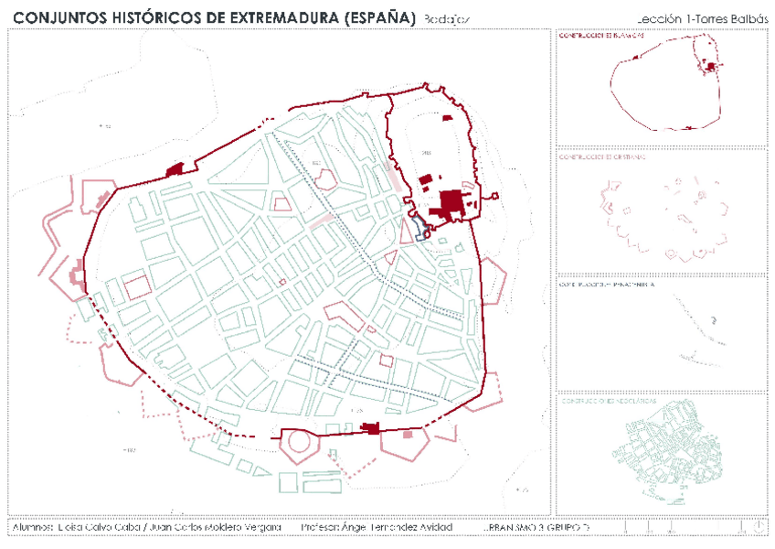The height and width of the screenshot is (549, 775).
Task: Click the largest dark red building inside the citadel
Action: point(452,202)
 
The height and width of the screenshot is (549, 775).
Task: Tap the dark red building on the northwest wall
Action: point(175,168)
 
